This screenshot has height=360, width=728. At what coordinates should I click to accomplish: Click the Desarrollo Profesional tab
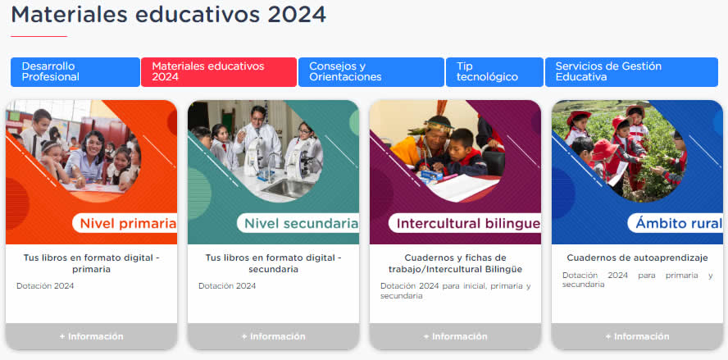75,72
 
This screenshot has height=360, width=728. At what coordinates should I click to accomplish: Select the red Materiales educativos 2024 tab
219,72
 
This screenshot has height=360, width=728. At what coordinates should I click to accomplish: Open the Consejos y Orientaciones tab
371,72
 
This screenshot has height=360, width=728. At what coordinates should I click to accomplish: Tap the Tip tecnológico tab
494,72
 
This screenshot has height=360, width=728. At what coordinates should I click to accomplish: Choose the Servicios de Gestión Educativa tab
631,72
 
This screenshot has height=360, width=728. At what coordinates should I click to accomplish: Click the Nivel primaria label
128,223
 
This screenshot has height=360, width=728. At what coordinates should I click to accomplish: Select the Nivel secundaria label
301,223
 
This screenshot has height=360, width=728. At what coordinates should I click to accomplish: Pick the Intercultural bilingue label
468,223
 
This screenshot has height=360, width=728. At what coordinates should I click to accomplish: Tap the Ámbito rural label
678,223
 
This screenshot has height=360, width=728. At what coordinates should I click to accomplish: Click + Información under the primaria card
92,336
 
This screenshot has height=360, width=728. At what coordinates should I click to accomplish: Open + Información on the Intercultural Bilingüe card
456,336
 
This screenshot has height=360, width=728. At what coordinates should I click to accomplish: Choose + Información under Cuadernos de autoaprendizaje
638,336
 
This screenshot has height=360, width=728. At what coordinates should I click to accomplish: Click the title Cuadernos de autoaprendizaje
637,257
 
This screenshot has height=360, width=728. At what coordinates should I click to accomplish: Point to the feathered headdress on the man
437,120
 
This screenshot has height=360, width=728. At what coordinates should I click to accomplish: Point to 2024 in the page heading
297,15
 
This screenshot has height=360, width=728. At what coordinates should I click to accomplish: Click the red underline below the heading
39,36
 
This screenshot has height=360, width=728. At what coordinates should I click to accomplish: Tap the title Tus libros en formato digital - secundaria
274,263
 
